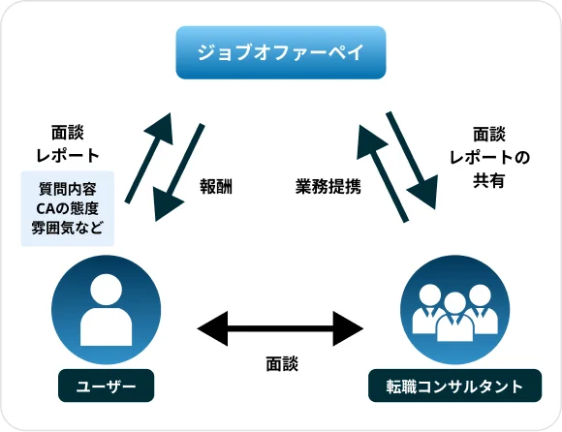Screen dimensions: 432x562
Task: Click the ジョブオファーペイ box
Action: point(281,52)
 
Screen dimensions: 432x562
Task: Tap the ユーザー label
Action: point(106,386)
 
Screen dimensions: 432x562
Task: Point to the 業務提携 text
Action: point(328,186)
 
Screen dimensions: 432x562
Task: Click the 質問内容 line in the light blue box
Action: point(67,187)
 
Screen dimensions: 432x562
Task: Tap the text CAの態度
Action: point(67,208)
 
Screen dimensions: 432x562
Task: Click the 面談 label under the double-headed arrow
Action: point(281,364)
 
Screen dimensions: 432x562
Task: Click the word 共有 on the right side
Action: point(488,180)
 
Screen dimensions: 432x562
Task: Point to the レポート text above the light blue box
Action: point(67,155)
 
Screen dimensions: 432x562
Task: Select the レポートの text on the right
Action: point(488,157)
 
